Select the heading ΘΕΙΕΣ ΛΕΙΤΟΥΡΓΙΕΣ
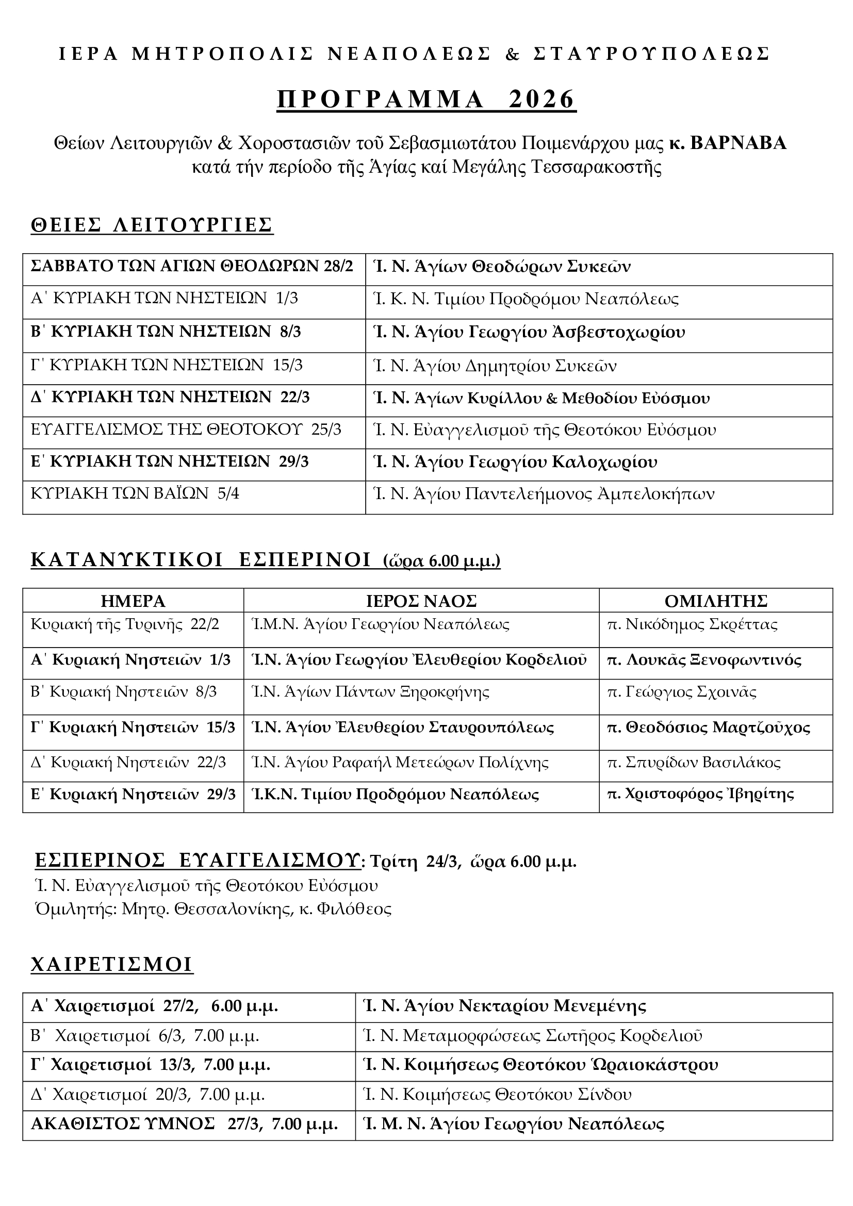tap(152, 225)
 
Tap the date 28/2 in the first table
tap(339, 266)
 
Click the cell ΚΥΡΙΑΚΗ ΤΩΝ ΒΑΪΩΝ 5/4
tap(135, 494)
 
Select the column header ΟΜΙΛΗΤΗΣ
tap(715, 600)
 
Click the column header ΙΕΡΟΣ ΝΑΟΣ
tap(421, 600)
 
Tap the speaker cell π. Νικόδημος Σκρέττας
tap(692, 624)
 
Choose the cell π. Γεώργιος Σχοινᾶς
tap(681, 692)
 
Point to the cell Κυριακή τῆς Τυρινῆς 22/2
tap(125, 624)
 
